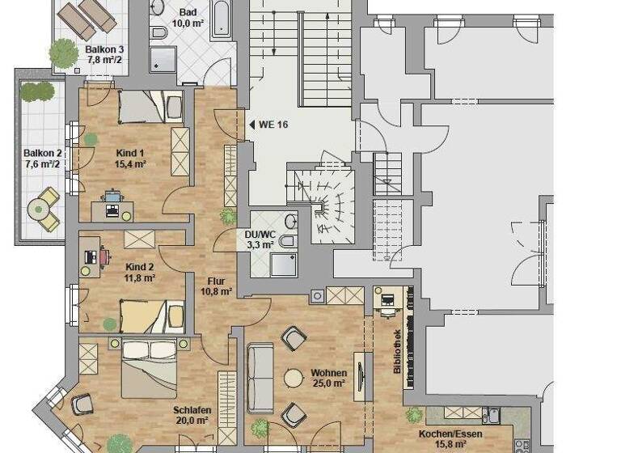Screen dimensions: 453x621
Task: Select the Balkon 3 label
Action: coord(104,55)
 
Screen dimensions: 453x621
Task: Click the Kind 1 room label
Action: coord(129,159)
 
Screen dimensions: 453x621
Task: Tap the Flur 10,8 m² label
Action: coord(216,286)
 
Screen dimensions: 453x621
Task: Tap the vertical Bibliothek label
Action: coord(397,351)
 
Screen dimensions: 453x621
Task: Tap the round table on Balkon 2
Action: coord(38,209)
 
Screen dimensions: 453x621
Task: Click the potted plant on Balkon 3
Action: coord(63,52)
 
